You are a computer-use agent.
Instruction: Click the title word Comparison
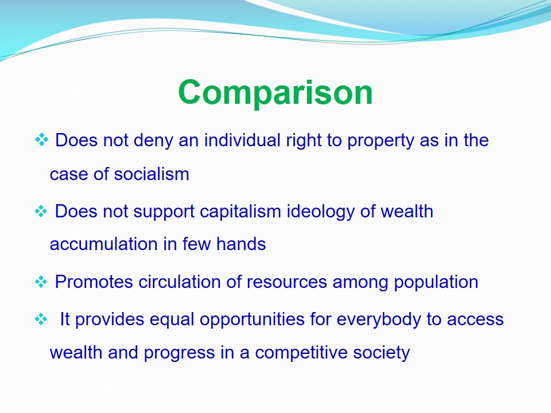(275, 92)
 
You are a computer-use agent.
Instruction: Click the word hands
(241, 244)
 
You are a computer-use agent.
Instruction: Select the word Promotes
(94, 282)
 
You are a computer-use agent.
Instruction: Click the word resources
(287, 282)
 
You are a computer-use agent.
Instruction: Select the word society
(382, 353)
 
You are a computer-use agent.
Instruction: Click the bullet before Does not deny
(41, 139)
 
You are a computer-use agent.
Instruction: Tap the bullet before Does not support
(41, 212)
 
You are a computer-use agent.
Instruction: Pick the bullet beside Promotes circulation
(41, 282)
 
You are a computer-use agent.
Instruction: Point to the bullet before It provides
(41, 320)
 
